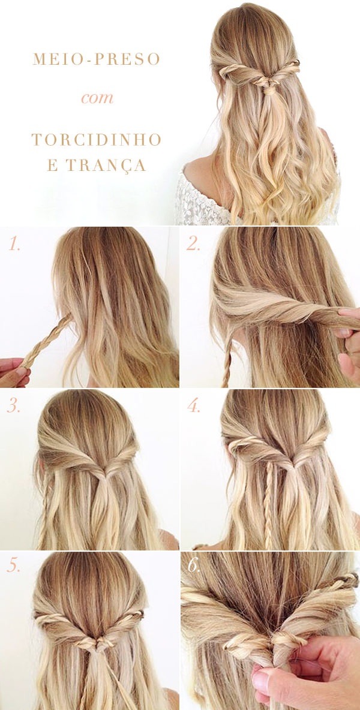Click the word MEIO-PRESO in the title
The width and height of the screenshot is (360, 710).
point(97,59)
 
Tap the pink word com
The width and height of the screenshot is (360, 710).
point(97,97)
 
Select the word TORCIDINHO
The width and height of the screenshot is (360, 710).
point(97,140)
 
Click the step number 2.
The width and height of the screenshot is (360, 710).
point(194,244)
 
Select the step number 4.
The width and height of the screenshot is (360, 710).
point(194,406)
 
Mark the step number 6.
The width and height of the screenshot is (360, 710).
point(194,567)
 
